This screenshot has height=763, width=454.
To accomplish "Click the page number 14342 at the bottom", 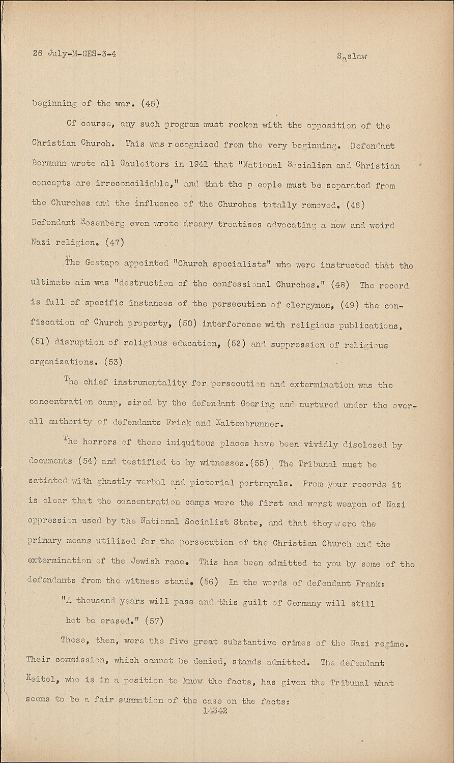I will (215, 711).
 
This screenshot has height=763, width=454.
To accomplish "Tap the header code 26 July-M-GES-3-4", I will (74, 53).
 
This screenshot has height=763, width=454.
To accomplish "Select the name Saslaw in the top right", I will (352, 56).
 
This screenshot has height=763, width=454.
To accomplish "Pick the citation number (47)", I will (113, 243).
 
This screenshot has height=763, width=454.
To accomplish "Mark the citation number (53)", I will (113, 362).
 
